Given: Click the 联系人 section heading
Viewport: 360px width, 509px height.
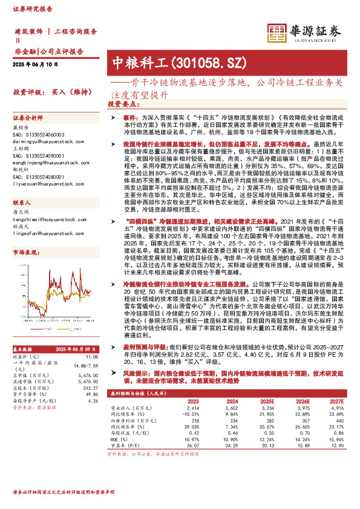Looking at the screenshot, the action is click(22, 203).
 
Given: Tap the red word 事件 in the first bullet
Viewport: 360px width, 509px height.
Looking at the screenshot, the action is click(131, 115).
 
